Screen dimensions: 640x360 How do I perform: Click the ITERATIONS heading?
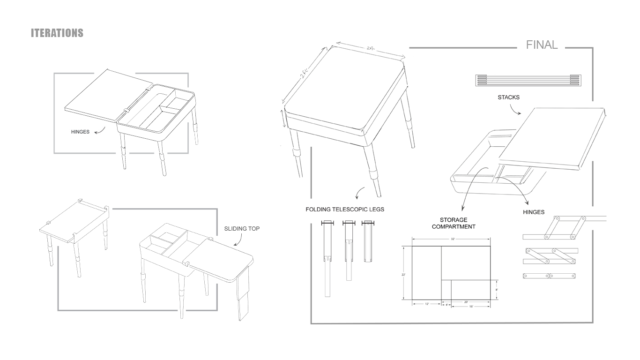coord(57,33)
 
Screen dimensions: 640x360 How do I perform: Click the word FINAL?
coord(542,45)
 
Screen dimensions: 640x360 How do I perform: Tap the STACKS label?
coord(508,98)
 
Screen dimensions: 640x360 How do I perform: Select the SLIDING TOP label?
coord(242,229)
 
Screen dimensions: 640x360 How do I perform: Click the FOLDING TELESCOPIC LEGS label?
coord(345,210)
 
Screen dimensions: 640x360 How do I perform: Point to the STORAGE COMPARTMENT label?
coord(454,223)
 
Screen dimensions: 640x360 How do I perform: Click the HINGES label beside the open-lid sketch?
coord(80,132)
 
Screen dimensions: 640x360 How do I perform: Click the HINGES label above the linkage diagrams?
coord(534,212)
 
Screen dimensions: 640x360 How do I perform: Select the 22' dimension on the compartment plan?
coord(403,275)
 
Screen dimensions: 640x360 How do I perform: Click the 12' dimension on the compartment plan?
coord(426,305)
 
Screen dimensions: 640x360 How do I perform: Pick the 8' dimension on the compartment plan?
coord(497,290)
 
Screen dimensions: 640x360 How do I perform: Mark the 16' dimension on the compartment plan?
coord(470,307)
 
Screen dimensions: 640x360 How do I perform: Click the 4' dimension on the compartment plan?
coord(447,305)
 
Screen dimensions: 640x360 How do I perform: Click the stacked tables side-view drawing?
coord(528,80)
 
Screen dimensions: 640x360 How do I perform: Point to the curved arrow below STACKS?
coord(515,111)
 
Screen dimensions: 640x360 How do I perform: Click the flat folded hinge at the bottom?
coord(549,276)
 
